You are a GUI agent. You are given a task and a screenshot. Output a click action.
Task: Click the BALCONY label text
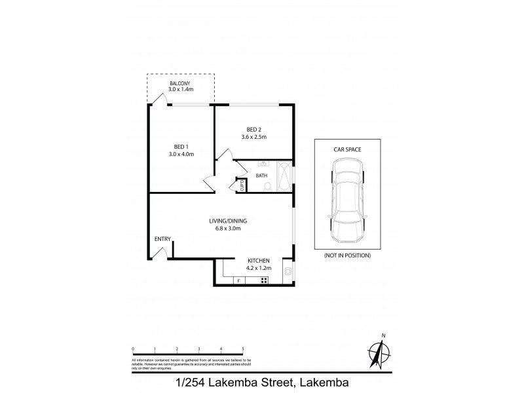[180, 84]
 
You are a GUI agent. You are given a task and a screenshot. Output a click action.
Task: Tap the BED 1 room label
[181, 147]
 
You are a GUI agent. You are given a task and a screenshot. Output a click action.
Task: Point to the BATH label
[261, 176]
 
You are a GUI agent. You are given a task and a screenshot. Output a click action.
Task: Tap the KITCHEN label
[259, 261]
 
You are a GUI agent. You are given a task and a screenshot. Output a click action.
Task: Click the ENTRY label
[162, 239]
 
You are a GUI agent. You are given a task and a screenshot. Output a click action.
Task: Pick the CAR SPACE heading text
[346, 149]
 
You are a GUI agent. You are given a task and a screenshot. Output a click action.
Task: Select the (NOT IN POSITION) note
[347, 255]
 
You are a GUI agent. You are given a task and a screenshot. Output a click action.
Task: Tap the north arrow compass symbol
[377, 354]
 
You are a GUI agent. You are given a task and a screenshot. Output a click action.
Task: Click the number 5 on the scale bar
[243, 349]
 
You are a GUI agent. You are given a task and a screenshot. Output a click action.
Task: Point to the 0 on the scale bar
[133, 349]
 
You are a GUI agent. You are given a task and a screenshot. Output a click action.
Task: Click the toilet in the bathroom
[267, 186]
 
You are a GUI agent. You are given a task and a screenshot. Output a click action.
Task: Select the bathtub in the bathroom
[285, 176]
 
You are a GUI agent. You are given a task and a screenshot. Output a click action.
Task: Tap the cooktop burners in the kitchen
[264, 280]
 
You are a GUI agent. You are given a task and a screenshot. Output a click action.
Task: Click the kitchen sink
[288, 271]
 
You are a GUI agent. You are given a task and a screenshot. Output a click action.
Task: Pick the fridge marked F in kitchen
[239, 281]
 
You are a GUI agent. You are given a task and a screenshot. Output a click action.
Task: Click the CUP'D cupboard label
[240, 185]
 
